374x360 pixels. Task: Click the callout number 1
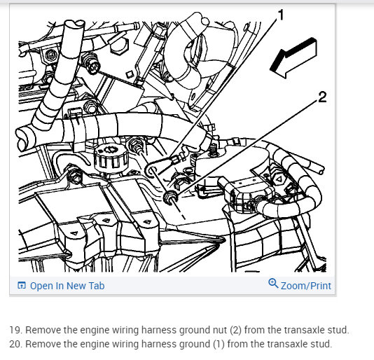(x=281, y=15)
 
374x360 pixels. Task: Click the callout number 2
(x=322, y=97)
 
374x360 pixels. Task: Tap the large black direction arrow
(x=293, y=57)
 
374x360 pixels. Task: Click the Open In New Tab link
(x=67, y=286)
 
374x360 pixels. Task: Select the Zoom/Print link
(x=306, y=286)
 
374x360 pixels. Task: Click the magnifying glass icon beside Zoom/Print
(x=273, y=283)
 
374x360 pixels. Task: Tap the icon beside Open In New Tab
(x=22, y=285)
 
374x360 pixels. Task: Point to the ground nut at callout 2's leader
(x=170, y=197)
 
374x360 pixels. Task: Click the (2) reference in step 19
(x=235, y=330)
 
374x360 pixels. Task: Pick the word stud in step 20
(x=323, y=344)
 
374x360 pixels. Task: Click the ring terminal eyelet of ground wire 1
(x=152, y=170)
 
